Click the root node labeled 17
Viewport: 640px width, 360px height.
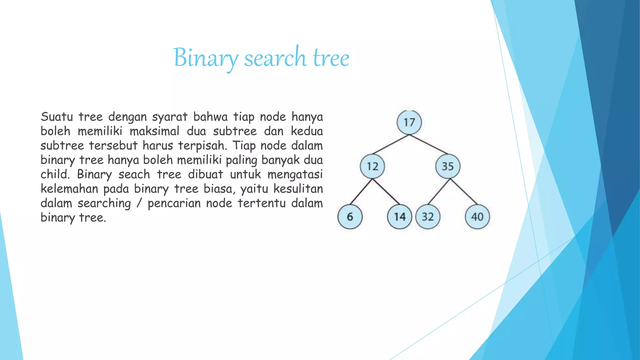tap(409, 122)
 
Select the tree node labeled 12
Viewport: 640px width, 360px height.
tap(372, 166)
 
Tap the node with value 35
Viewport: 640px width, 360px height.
tap(447, 166)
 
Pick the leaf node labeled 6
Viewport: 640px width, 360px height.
tap(350, 217)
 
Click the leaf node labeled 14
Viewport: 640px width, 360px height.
tap(399, 217)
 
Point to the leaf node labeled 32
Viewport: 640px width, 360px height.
tap(428, 217)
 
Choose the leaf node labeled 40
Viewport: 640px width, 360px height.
tap(477, 217)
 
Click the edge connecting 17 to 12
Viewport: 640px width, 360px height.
tap(391, 144)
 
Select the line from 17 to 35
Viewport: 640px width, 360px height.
tap(428, 144)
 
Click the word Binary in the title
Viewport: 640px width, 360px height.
tap(205, 58)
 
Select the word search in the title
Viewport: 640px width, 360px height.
tap(275, 58)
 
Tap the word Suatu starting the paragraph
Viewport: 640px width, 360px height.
tap(57, 117)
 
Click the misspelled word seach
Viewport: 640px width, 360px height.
tap(134, 174)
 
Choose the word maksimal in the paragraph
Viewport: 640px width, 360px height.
tap(154, 131)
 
